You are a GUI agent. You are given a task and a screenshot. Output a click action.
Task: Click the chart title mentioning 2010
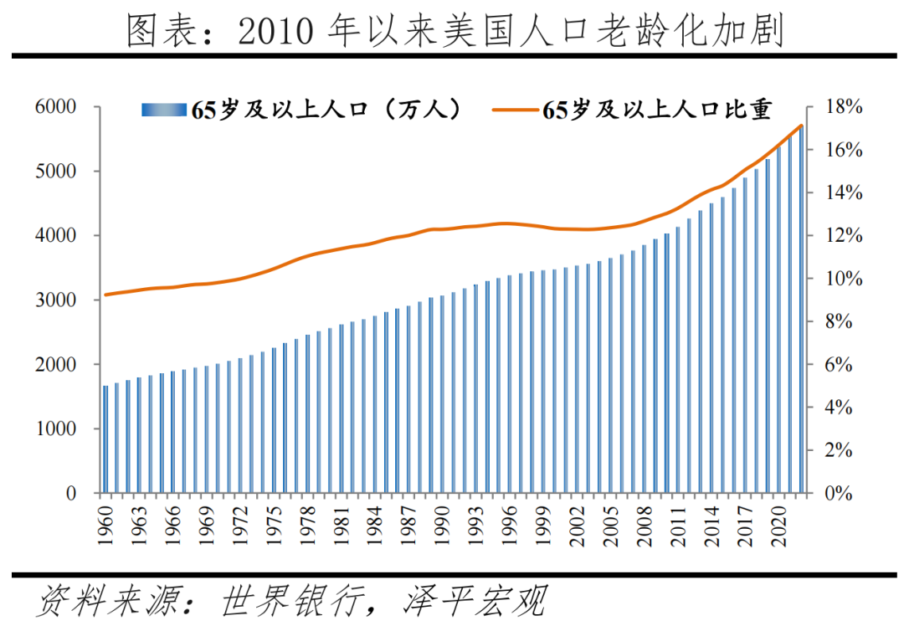tap(453, 31)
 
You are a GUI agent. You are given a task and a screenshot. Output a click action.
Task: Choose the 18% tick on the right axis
tap(841, 107)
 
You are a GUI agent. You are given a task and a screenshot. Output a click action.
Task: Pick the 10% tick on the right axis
tap(841, 279)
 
